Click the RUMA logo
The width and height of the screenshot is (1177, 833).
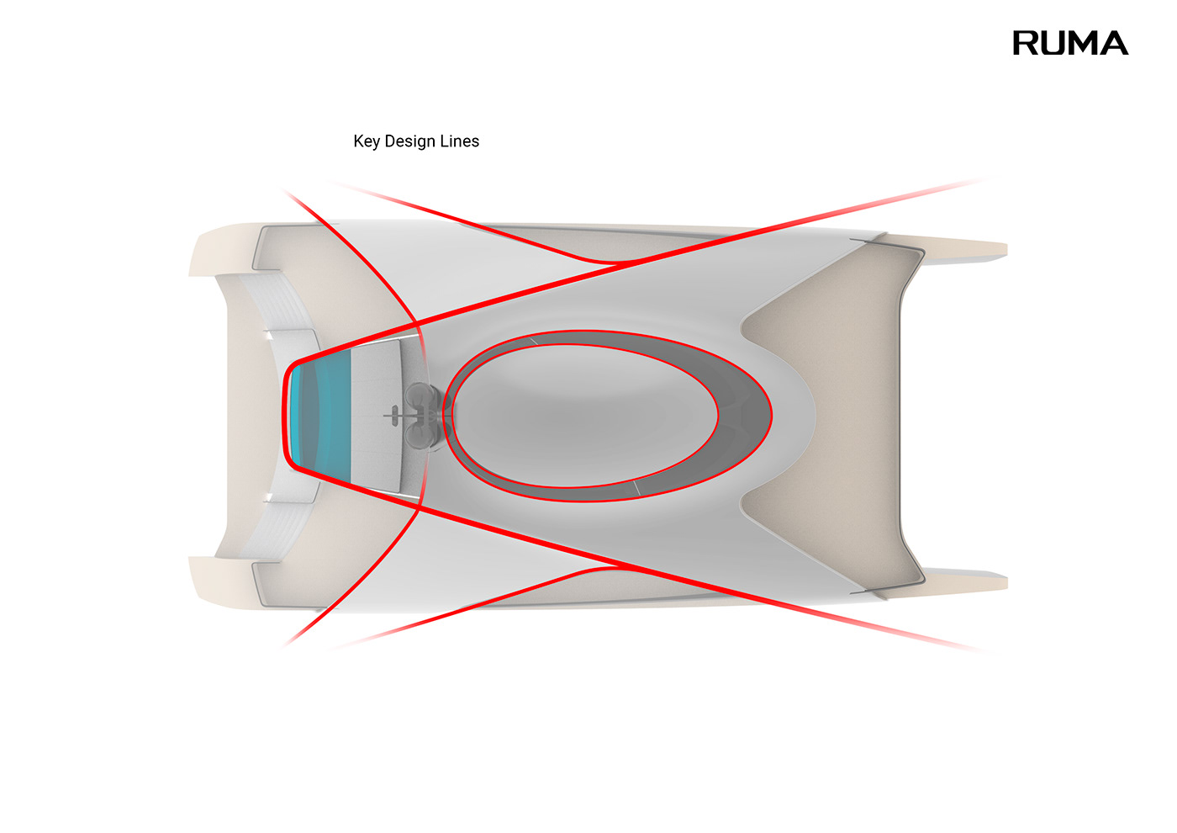[1069, 43]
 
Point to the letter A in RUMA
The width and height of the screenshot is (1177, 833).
[1113, 43]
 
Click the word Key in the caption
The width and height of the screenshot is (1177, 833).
[367, 141]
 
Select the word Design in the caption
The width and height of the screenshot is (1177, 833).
[410, 141]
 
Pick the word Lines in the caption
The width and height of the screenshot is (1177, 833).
[459, 141]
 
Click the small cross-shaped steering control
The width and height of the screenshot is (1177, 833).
[393, 415]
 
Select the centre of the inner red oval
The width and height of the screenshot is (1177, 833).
[585, 415]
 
